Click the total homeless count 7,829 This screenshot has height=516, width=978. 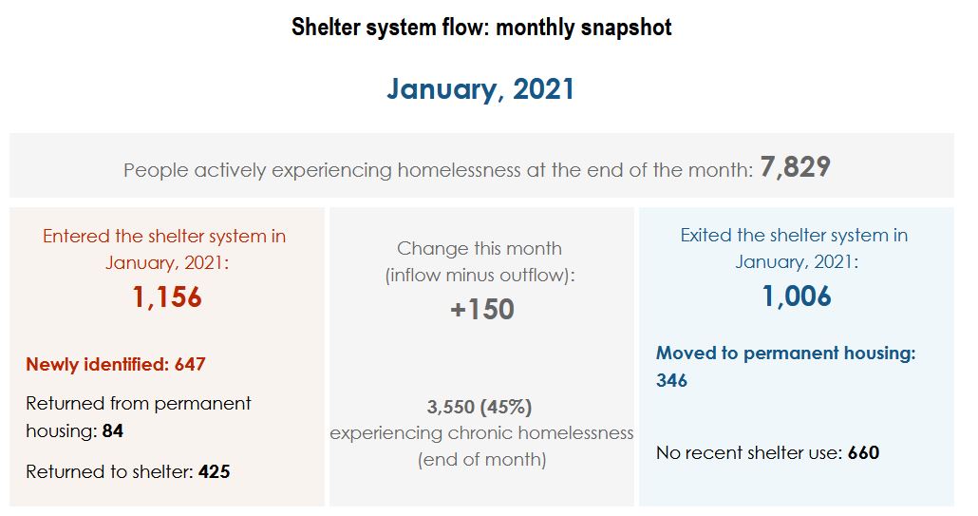point(796,167)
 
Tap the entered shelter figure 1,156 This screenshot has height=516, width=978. point(167,297)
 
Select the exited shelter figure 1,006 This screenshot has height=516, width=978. point(797,296)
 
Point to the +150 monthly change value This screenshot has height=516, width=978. point(482,310)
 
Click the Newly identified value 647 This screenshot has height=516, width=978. point(190,364)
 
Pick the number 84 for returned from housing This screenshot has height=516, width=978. point(113,431)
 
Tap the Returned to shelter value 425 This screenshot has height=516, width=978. point(214,471)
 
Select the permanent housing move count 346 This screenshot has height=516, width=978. point(671,381)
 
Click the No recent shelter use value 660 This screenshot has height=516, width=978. point(863,453)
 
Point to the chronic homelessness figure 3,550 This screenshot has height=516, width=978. point(450,408)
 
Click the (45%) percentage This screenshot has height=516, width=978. point(505,408)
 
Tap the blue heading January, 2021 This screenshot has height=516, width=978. point(480,89)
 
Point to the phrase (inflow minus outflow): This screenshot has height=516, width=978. point(480,276)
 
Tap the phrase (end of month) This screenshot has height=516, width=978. point(482,460)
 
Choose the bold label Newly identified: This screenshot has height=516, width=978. point(97,364)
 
